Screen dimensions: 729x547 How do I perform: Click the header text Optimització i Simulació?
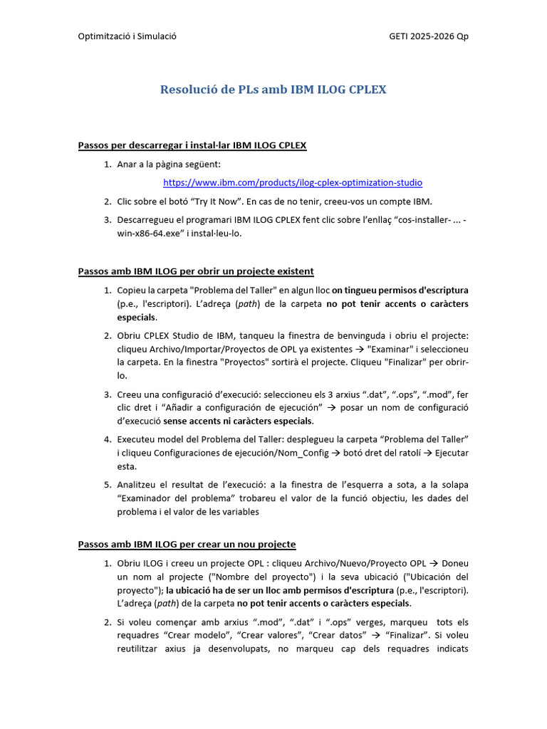pyautogui.click(x=127, y=36)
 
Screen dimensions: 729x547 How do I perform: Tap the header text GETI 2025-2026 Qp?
pyautogui.click(x=429, y=36)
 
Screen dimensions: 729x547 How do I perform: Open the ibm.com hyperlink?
pyautogui.click(x=293, y=182)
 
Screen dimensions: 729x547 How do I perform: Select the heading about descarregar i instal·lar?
pyautogui.click(x=192, y=146)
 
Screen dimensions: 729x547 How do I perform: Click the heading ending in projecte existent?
pyautogui.click(x=195, y=272)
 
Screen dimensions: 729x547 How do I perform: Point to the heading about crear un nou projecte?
pyautogui.click(x=186, y=545)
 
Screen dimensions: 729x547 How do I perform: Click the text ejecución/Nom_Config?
pyautogui.click(x=247, y=453)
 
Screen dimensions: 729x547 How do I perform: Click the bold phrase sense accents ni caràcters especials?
pyautogui.click(x=233, y=420)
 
